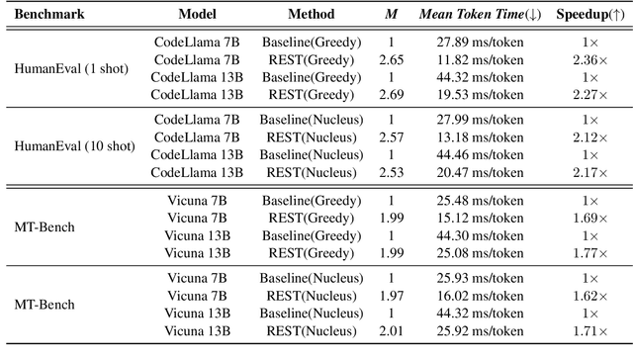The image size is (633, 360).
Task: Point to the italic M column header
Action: point(391,16)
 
